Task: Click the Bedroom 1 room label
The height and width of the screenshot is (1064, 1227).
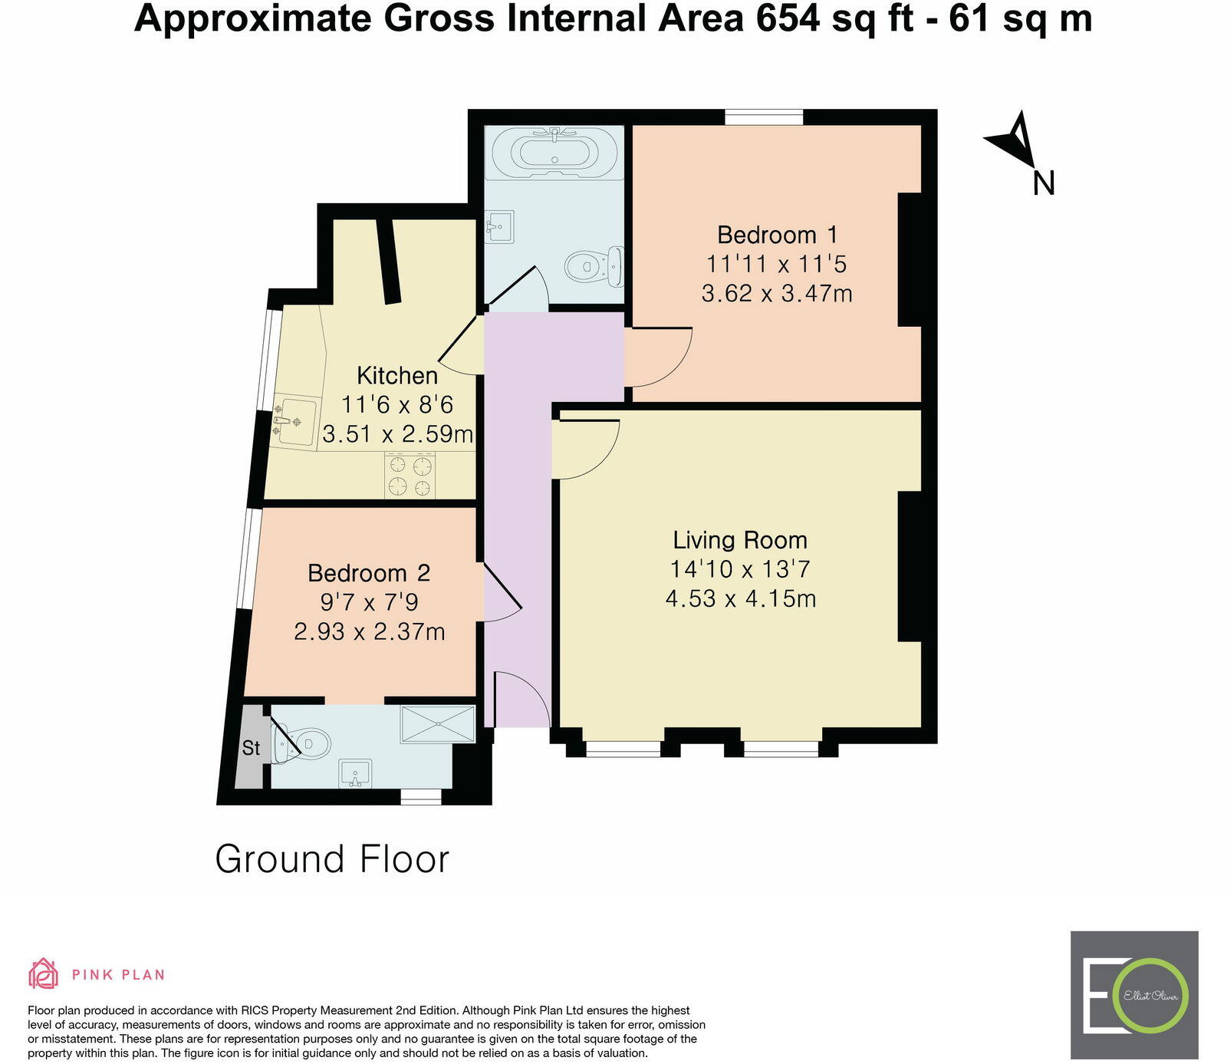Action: click(x=777, y=235)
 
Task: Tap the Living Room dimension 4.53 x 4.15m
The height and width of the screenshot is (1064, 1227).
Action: click(x=740, y=598)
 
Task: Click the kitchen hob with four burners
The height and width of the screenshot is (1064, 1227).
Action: click(x=410, y=476)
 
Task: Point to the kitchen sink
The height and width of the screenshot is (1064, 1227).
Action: click(x=295, y=421)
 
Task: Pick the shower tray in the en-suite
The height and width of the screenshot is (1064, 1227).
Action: click(x=437, y=723)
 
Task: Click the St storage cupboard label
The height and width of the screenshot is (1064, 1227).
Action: click(x=251, y=748)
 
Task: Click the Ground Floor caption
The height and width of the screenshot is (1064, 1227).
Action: click(x=331, y=859)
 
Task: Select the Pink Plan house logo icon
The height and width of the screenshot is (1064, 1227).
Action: click(x=44, y=974)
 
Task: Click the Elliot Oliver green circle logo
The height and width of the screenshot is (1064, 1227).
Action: click(x=1150, y=996)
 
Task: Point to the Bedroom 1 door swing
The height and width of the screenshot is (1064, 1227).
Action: click(x=658, y=357)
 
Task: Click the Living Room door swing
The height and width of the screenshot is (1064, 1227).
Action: click(x=587, y=449)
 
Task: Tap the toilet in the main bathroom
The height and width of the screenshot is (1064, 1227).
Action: click(x=595, y=266)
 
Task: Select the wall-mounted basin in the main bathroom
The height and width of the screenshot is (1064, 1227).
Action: click(x=499, y=226)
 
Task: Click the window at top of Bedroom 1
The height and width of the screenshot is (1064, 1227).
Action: click(x=764, y=117)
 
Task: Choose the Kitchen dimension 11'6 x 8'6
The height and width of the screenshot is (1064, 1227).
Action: click(x=397, y=404)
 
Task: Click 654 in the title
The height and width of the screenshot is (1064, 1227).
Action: click(x=788, y=19)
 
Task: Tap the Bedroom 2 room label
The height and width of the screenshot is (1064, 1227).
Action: click(x=368, y=573)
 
